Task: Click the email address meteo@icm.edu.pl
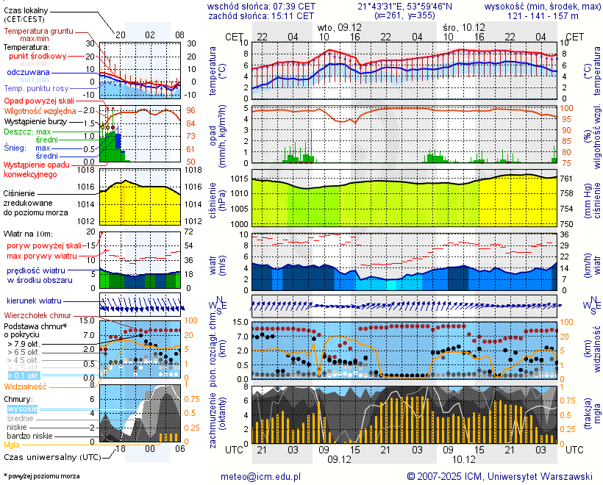tap(261, 476)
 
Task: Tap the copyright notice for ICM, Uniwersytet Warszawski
tap(499, 476)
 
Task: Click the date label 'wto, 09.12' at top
tap(339, 26)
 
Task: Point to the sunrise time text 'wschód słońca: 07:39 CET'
tap(261, 6)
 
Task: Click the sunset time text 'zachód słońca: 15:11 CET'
tap(261, 15)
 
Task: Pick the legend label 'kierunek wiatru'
tap(34, 301)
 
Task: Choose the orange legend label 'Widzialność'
tap(26, 386)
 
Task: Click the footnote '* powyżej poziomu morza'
tap(41, 476)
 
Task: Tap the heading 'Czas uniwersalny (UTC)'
tap(49, 456)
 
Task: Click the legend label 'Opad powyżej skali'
tap(38, 100)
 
